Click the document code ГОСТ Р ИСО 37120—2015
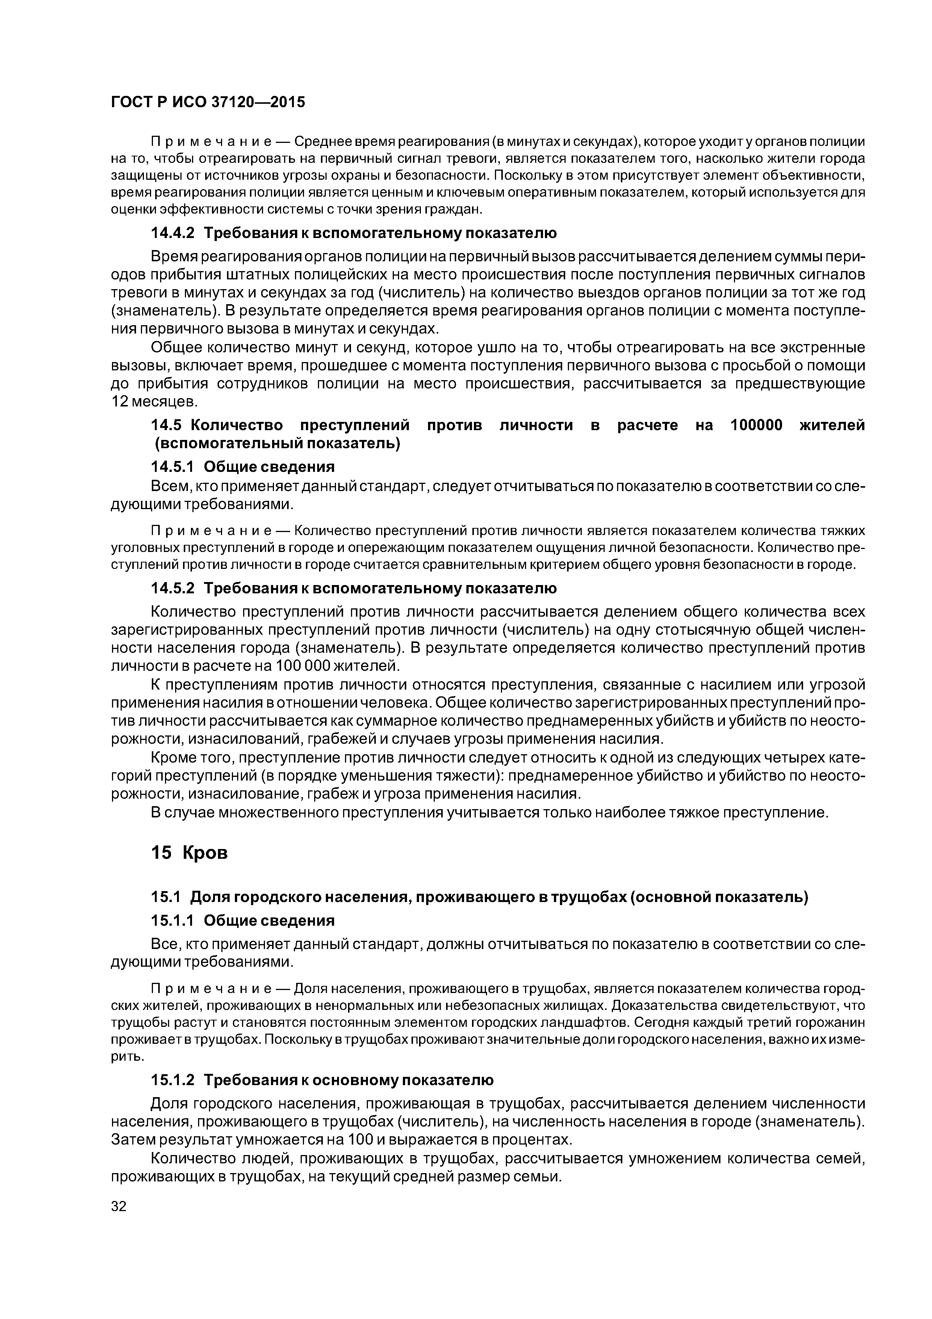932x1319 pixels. click(x=207, y=102)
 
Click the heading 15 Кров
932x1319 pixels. click(x=189, y=852)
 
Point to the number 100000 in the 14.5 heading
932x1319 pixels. click(x=756, y=425)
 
